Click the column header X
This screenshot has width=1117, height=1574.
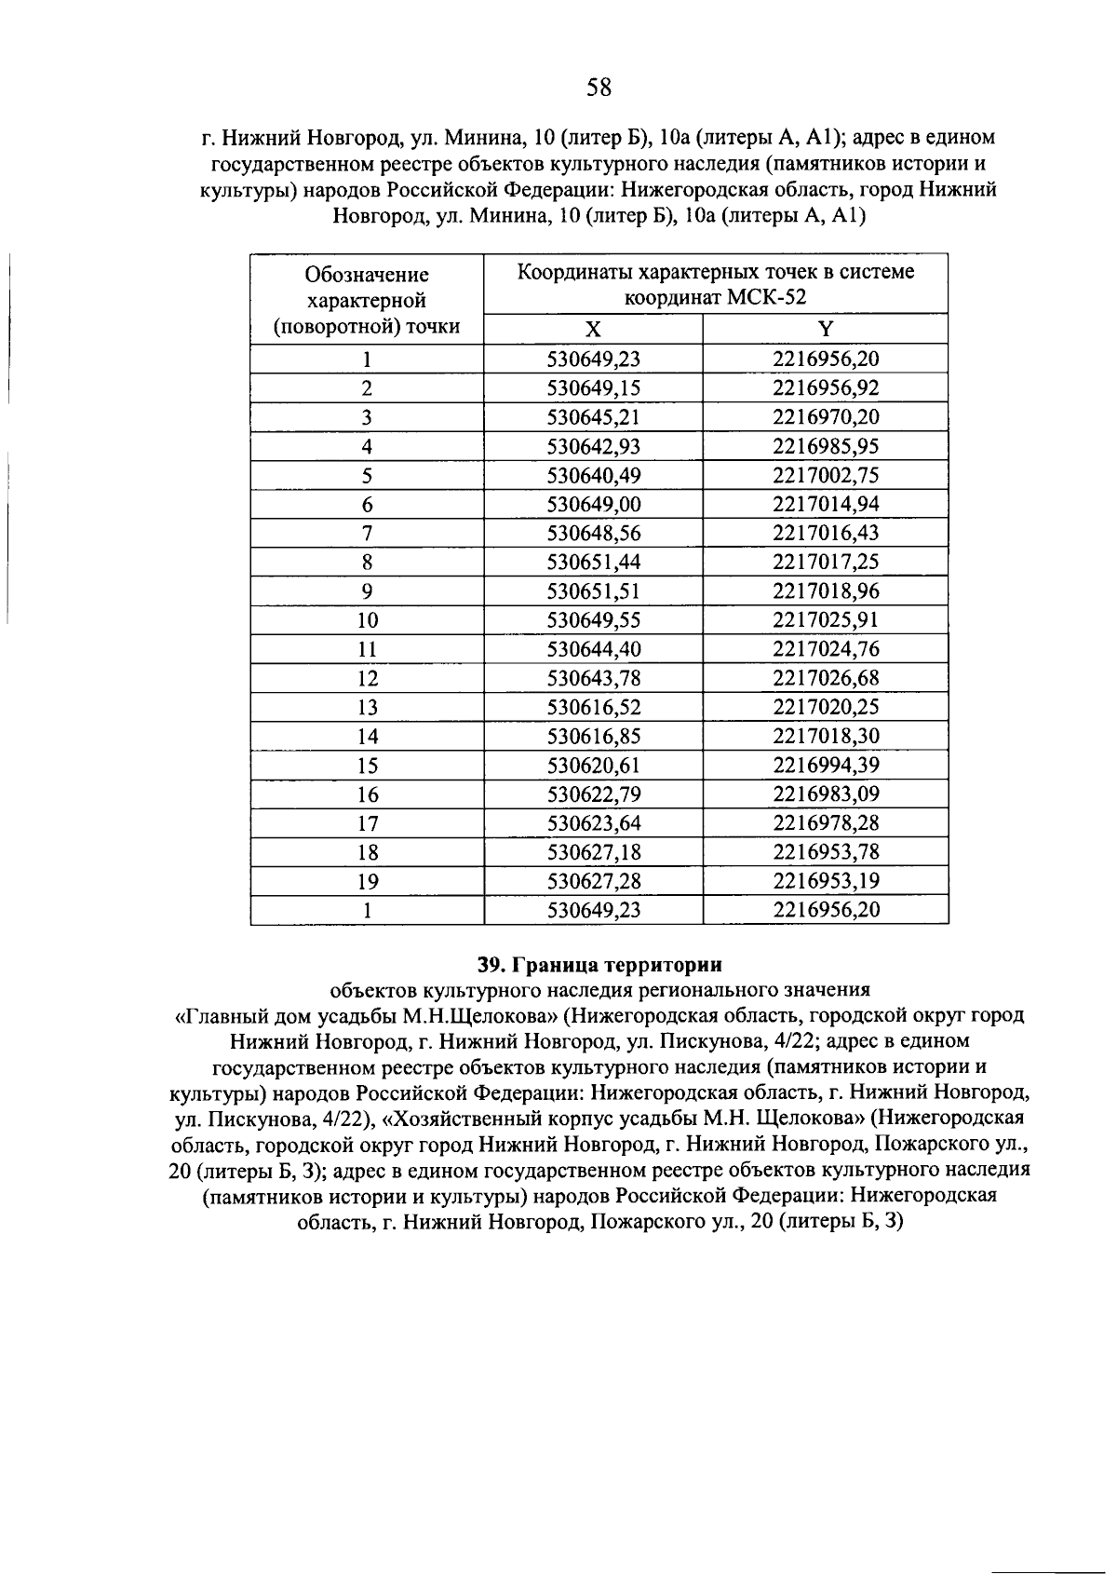593,330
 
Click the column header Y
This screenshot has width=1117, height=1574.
826,330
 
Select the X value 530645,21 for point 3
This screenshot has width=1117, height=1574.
594,417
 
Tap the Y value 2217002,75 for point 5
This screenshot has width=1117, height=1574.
826,475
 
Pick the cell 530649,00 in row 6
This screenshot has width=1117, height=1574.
594,504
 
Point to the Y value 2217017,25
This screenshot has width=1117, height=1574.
826,562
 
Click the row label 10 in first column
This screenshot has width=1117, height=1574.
368,620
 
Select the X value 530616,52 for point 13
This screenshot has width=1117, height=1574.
594,707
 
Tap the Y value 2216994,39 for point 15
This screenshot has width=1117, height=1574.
826,766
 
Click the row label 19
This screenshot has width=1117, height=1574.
368,881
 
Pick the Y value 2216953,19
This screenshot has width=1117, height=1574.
826,881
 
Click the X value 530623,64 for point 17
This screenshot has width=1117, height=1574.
594,823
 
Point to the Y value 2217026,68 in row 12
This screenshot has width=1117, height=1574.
826,678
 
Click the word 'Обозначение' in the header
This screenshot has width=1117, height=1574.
368,275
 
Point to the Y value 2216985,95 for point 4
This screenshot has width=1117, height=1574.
826,446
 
